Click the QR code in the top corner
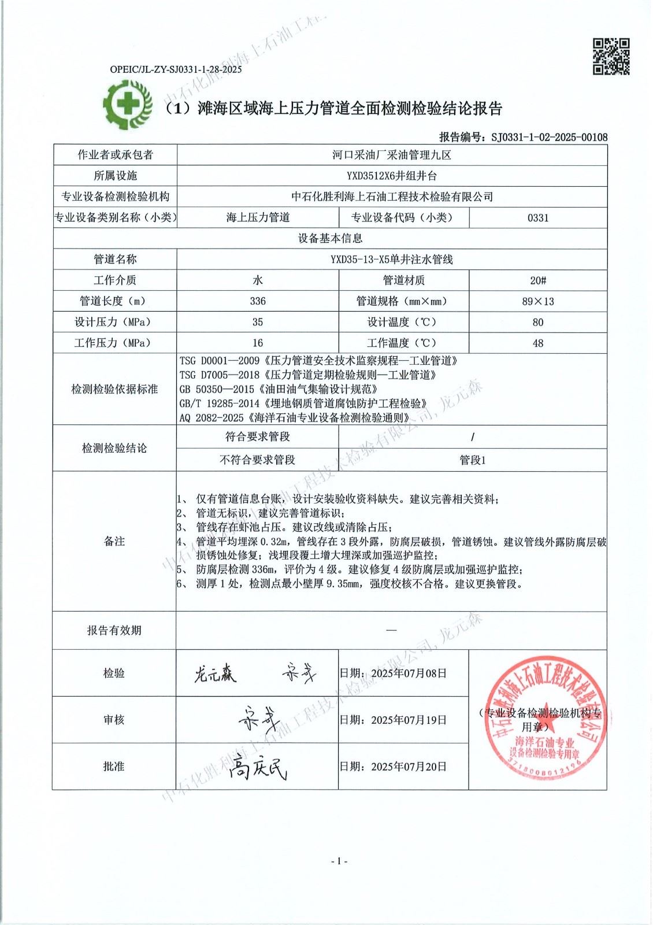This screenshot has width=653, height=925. click(611, 57)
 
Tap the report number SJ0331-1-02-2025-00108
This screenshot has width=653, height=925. click(549, 137)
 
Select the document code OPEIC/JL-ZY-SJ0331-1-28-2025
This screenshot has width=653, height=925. click(176, 70)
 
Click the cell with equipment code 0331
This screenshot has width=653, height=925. click(538, 218)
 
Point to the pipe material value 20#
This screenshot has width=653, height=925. click(538, 280)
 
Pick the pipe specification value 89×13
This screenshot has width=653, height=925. click(538, 301)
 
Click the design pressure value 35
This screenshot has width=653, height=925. click(258, 322)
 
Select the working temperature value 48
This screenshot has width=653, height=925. click(538, 343)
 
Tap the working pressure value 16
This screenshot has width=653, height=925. click(258, 343)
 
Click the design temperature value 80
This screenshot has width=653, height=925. click(538, 322)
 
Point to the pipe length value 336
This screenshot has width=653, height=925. click(258, 301)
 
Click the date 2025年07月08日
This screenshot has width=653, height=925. click(409, 673)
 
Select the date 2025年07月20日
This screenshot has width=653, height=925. click(409, 767)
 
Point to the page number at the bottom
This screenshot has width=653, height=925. click(339, 861)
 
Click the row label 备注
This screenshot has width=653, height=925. click(114, 541)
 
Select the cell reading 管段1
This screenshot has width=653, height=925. click(473, 460)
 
